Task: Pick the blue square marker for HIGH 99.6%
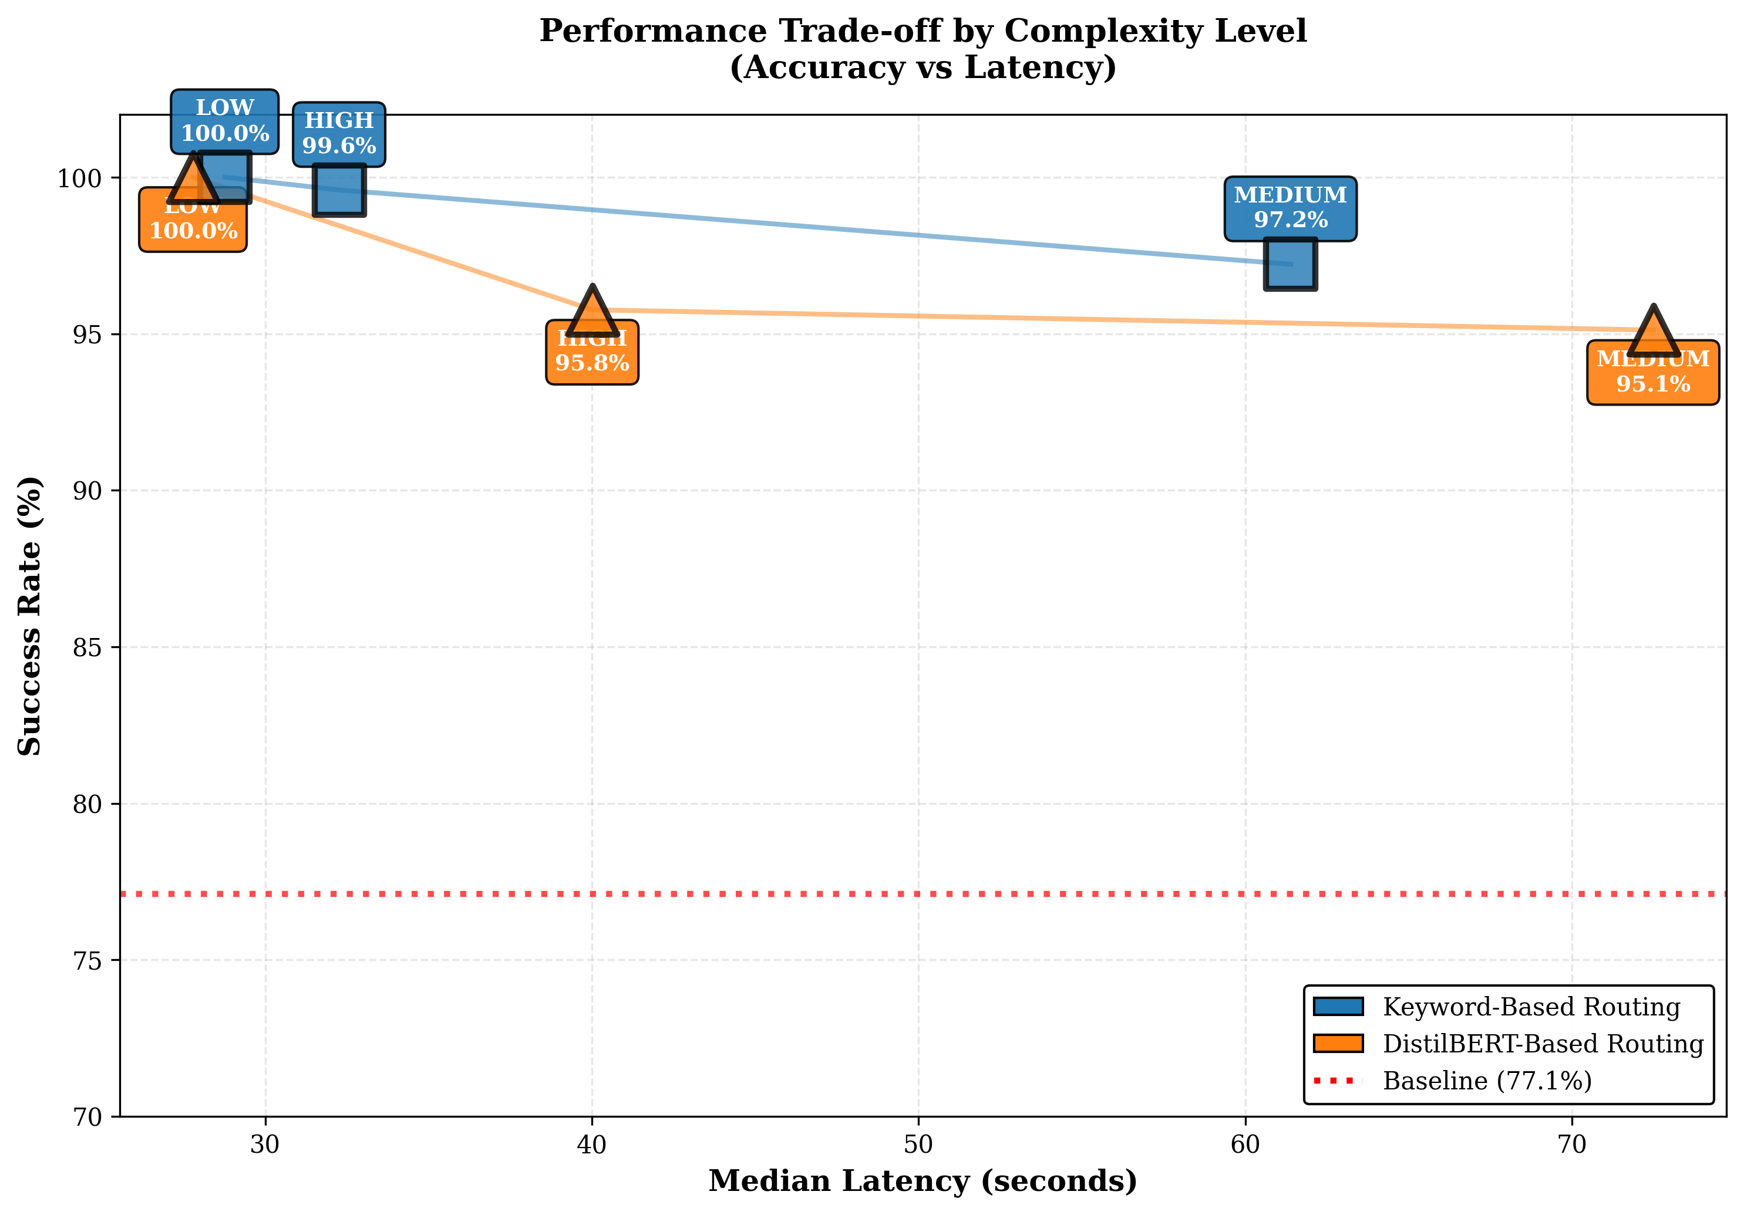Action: [339, 190]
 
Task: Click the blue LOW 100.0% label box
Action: [224, 121]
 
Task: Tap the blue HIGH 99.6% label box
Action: [339, 134]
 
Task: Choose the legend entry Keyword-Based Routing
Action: [1531, 1007]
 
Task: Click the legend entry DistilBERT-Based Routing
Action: [1542, 1044]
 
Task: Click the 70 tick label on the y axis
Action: [87, 1117]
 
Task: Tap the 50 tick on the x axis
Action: [918, 1143]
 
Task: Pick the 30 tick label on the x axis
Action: [265, 1143]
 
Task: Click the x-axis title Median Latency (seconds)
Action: [922, 1182]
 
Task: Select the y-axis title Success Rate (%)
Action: [31, 616]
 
